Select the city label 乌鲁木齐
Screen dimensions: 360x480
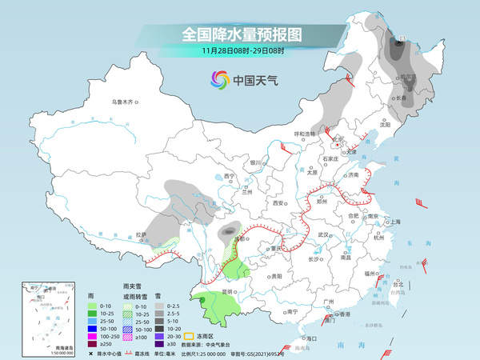point(125,102)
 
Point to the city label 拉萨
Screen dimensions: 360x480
point(142,235)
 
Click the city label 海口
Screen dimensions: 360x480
point(306,338)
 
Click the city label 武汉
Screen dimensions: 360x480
point(323,234)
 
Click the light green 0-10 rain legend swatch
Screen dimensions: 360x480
point(94,306)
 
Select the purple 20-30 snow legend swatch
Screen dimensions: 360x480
point(160,338)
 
